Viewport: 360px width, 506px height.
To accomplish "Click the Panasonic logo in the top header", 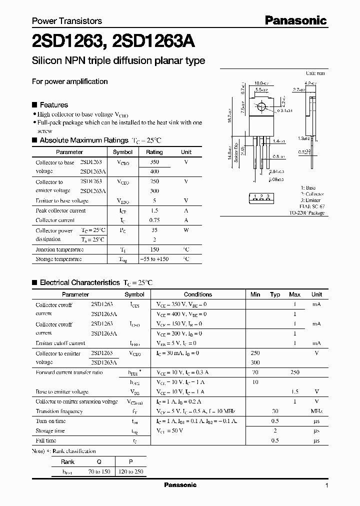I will [x=295, y=20].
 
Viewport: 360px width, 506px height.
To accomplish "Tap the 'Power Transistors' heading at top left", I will [x=67, y=21].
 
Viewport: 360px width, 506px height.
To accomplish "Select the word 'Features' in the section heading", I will [x=53, y=105].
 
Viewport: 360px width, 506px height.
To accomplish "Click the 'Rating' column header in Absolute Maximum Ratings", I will [x=154, y=152].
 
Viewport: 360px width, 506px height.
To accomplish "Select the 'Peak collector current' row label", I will [x=60, y=210].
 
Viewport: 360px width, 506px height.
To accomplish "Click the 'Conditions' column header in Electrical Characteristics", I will [x=198, y=294].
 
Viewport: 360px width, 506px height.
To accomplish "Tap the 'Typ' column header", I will [x=275, y=294].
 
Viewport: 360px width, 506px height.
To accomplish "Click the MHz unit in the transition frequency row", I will [x=316, y=411].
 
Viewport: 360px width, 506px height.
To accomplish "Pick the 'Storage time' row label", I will [x=50, y=430].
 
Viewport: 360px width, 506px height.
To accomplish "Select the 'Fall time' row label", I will [x=46, y=440].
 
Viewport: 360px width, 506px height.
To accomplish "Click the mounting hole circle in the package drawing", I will [x=260, y=106].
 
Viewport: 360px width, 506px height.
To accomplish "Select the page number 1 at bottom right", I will [x=326, y=485].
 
